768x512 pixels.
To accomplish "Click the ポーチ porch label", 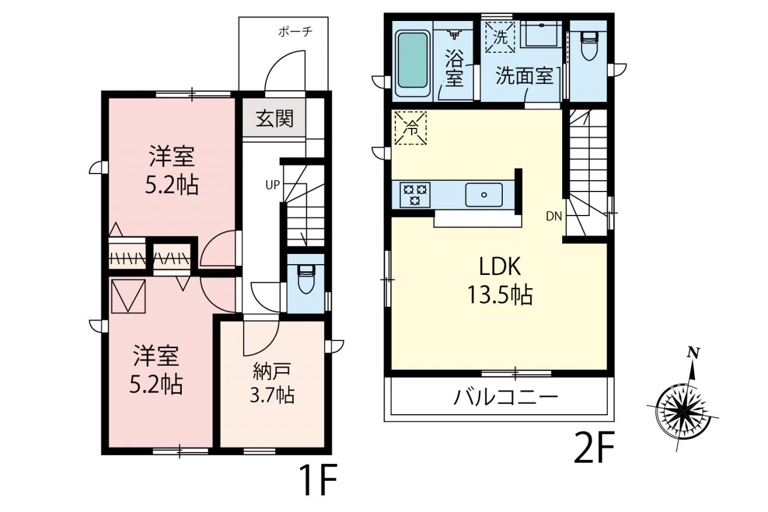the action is click(x=295, y=32).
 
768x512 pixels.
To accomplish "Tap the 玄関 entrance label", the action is click(x=275, y=118).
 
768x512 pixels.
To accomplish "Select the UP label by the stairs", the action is click(x=272, y=185).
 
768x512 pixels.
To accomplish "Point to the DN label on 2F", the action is click(x=554, y=216).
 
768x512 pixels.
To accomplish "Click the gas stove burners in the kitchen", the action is click(x=415, y=195).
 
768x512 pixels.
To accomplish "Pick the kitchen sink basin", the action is click(x=484, y=195).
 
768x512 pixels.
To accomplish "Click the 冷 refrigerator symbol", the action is click(x=410, y=128).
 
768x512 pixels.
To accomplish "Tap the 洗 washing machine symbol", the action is click(x=500, y=37).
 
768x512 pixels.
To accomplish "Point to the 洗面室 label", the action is click(x=524, y=76).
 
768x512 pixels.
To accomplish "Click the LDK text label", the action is click(x=500, y=267).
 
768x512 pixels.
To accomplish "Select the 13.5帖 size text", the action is click(x=500, y=295).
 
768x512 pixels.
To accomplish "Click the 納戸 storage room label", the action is click(x=272, y=372).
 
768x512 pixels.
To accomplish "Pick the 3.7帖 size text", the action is click(x=272, y=395).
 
